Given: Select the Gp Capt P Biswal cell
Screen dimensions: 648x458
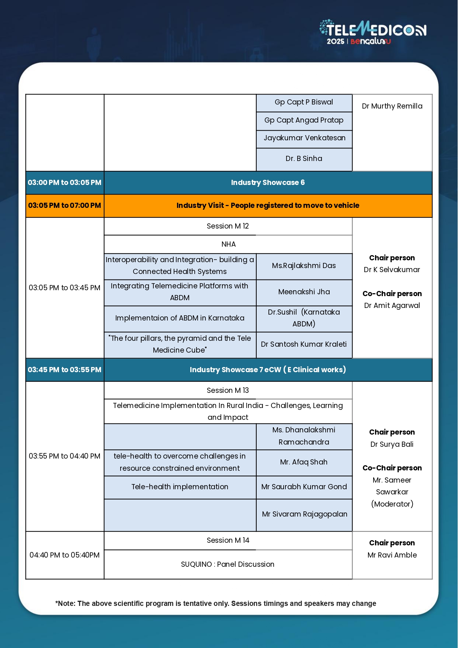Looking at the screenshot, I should coord(304,102).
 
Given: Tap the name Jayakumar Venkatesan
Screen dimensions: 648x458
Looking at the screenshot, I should coord(304,138).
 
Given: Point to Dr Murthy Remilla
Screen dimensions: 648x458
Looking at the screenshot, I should coord(392,106).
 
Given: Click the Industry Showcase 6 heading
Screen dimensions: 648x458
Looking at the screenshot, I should coord(268,183).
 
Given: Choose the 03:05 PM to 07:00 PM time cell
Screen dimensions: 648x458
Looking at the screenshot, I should coord(65,206).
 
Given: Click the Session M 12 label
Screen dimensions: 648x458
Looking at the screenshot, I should coord(228,226).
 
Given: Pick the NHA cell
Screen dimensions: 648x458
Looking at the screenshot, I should coord(228,244).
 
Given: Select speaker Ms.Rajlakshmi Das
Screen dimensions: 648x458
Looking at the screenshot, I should coord(304,266).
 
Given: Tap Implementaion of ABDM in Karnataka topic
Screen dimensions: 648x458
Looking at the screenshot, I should coord(180,318).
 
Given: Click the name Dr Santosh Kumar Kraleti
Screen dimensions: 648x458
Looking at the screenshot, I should coord(304,344).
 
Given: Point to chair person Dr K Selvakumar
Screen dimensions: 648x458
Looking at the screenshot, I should coord(392,270).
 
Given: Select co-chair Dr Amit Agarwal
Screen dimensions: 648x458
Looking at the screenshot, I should coord(392,306).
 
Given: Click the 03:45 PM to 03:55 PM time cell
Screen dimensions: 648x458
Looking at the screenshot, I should coord(65,370).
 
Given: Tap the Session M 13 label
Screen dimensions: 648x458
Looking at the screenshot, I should coord(228,391).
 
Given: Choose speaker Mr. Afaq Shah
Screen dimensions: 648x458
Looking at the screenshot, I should coord(304,462).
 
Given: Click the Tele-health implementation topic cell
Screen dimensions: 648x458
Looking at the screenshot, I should coord(180,487).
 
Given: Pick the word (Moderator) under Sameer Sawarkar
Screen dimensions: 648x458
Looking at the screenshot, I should coord(392,504).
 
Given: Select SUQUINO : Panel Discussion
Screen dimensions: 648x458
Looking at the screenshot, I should coord(228,565).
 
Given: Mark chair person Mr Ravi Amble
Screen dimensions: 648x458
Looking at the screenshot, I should coord(392,555).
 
